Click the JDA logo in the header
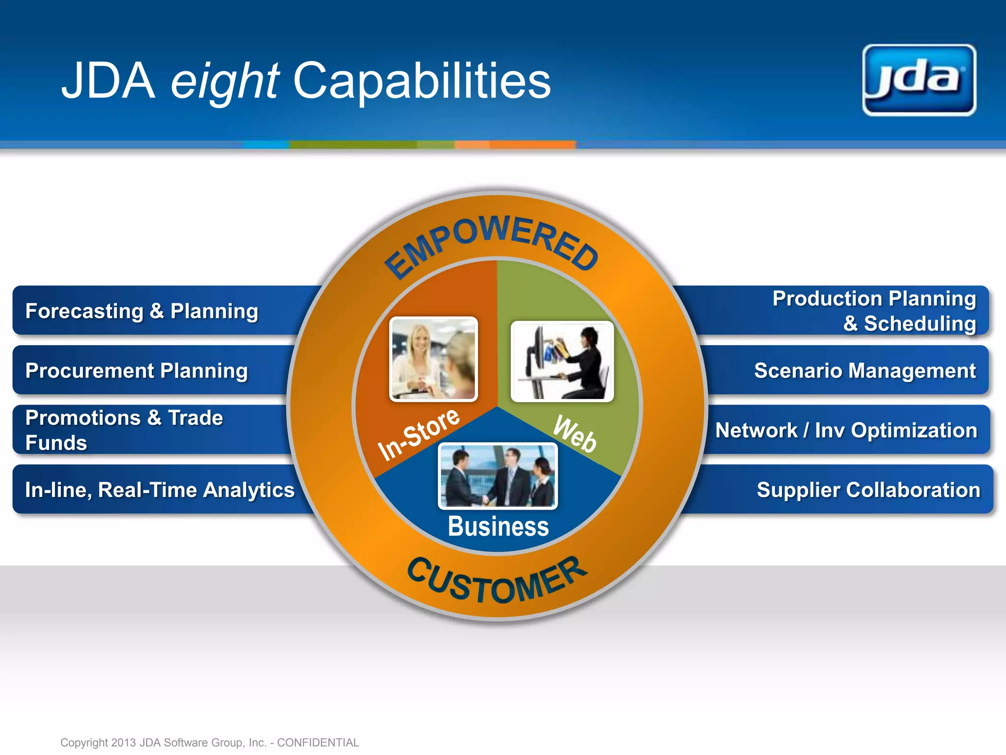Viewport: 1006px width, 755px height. pos(919,80)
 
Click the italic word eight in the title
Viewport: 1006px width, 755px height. pos(224,81)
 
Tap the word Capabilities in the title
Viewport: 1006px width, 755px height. pos(421,81)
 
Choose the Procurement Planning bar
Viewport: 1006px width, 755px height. pos(137,371)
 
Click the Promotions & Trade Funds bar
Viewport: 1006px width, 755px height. pos(124,430)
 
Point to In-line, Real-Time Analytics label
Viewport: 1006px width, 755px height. pos(160,490)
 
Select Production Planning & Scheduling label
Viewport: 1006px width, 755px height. pos(874,311)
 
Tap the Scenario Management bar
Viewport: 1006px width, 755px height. pos(865,371)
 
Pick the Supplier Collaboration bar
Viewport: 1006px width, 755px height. pos(868,490)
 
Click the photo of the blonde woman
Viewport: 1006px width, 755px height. pos(433,359)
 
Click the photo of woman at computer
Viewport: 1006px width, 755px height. pos(562,361)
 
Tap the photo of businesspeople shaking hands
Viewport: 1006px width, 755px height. pos(498,476)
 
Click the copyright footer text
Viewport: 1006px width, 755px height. pos(210,742)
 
